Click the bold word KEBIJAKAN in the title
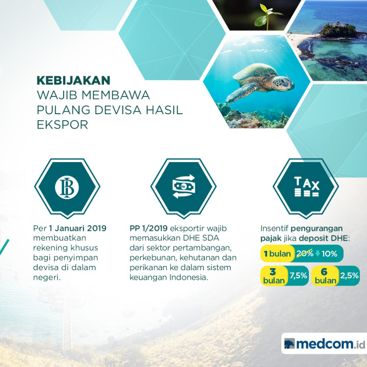tap(73, 80)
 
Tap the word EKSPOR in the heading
tap(62, 124)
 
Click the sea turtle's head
tap(281, 82)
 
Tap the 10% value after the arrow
tap(329, 253)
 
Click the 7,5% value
tap(298, 276)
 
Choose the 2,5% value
tap(349, 276)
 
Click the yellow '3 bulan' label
tap(273, 276)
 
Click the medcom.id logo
tap(323, 343)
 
